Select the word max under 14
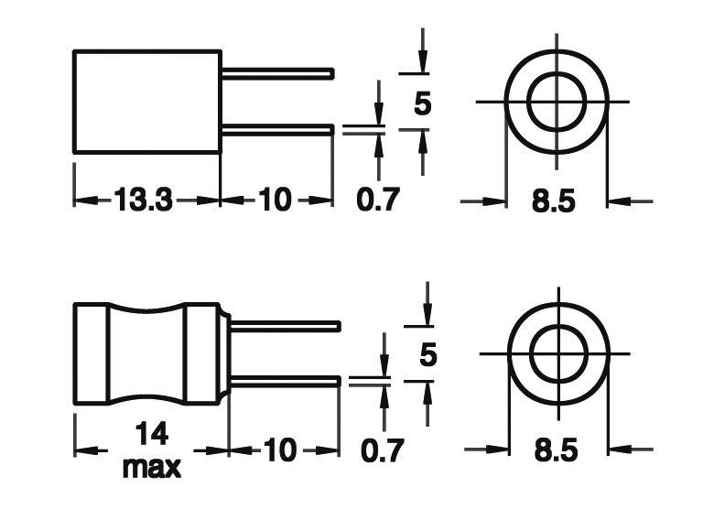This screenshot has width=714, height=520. (x=151, y=468)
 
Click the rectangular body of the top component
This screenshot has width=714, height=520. (x=146, y=101)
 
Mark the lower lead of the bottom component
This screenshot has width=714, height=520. (x=285, y=381)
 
